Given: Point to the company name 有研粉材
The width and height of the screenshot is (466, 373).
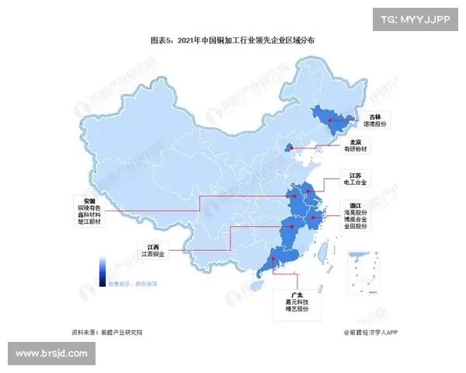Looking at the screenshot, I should coord(356,149).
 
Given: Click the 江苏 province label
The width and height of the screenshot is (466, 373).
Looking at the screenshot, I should coord(353,175).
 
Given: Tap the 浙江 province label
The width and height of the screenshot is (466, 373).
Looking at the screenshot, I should coord(355,204).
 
